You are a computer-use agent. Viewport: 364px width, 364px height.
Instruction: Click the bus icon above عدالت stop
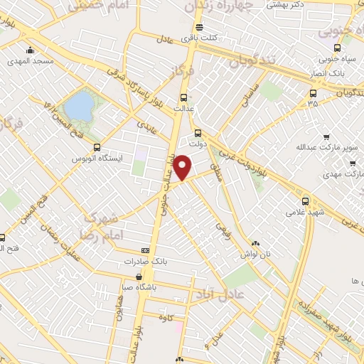click(x=183, y=97)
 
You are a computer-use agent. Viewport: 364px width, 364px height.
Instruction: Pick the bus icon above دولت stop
click(x=198, y=132)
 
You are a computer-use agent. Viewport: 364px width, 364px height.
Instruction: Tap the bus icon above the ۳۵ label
click(x=313, y=93)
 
